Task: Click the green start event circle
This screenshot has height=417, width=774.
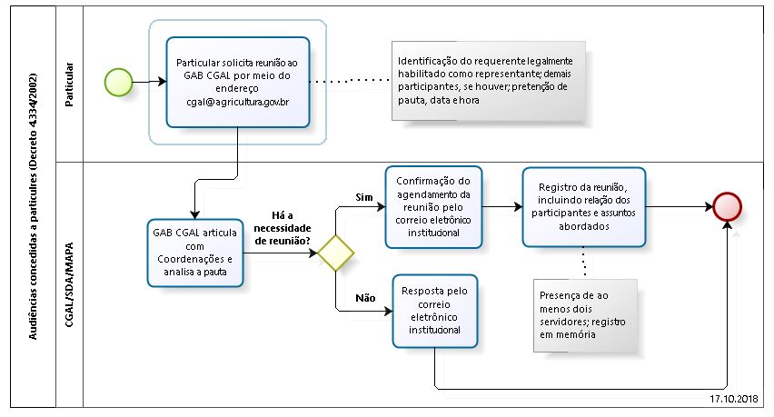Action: (119, 82)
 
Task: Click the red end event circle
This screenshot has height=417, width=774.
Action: (729, 206)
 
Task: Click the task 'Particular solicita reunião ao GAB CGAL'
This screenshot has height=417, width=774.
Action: (237, 82)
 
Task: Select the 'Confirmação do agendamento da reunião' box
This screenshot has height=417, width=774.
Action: (433, 206)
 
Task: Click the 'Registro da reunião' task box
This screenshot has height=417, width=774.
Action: (583, 206)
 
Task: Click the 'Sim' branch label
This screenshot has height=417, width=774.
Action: (361, 197)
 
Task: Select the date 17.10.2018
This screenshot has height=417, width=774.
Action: (735, 398)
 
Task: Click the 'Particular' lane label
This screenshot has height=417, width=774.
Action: (70, 84)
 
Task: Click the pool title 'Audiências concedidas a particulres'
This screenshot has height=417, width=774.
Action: (34, 208)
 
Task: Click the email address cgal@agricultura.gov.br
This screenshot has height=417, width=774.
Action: (237, 103)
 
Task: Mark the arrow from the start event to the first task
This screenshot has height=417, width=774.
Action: (150, 82)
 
